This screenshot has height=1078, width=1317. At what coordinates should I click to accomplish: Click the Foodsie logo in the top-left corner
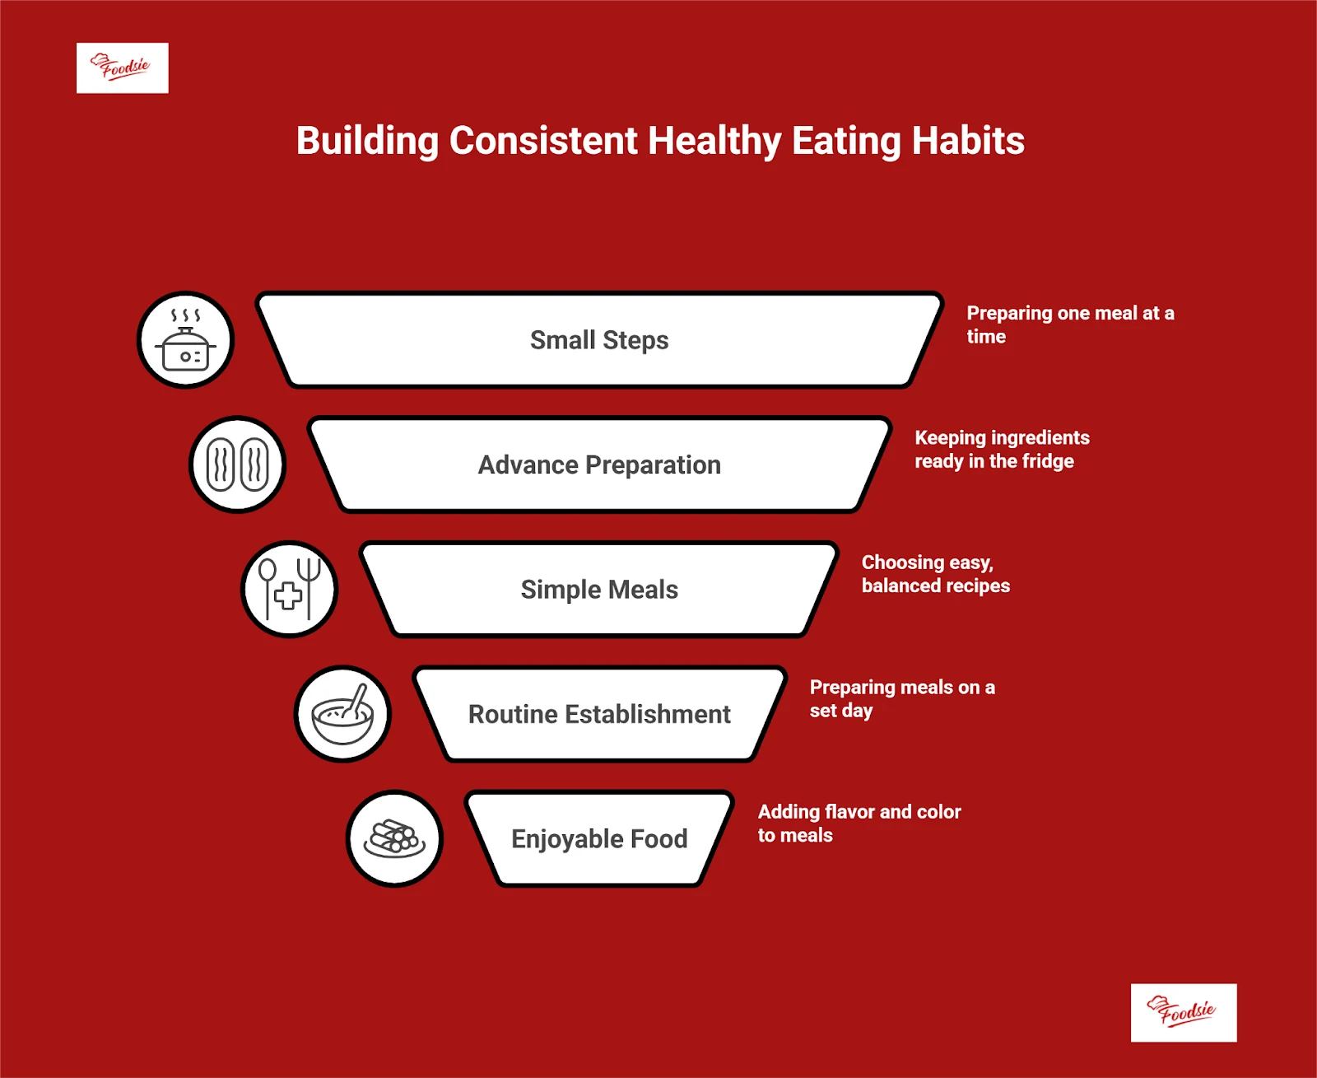click(123, 68)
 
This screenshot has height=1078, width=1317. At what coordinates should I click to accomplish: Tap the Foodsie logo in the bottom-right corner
click(1184, 1012)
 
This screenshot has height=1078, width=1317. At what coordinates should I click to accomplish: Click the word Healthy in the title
click(714, 141)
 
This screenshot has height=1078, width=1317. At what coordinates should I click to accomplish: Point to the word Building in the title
click(367, 141)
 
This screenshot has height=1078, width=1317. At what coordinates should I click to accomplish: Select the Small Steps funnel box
click(599, 340)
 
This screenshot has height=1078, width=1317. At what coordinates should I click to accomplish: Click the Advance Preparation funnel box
click(599, 464)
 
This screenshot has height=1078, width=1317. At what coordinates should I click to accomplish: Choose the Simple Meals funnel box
click(599, 590)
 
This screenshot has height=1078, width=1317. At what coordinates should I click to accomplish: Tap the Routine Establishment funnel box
click(599, 714)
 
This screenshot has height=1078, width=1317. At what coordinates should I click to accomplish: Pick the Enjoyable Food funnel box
click(599, 838)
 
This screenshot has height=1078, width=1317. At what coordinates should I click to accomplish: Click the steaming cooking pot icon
click(185, 340)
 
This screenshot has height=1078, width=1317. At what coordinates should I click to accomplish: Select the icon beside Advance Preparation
click(237, 464)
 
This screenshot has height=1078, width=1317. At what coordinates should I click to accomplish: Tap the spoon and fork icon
click(289, 590)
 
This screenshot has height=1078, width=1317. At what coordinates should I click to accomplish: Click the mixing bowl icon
click(342, 714)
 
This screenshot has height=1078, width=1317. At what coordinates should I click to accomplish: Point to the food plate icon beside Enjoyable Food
click(394, 838)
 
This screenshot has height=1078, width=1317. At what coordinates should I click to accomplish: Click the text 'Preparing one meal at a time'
click(1070, 325)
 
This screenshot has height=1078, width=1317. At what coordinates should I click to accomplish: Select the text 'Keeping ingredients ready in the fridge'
click(1003, 450)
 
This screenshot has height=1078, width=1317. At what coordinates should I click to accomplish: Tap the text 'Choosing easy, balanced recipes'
click(935, 574)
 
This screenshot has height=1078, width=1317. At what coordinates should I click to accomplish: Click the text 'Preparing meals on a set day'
click(902, 698)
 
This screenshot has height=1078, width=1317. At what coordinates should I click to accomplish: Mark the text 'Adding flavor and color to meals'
click(859, 823)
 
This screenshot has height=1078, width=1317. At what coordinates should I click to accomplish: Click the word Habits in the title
click(968, 141)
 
